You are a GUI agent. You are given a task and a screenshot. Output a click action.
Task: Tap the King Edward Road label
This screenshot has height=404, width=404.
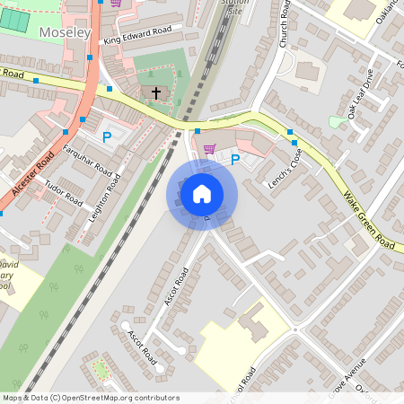pyautogui.click(x=136, y=34)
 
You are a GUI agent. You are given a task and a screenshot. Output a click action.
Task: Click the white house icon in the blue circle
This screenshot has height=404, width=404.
pyautogui.click(x=202, y=194)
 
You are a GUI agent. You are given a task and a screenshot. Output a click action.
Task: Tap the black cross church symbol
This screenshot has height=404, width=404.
pyautogui.click(x=155, y=92)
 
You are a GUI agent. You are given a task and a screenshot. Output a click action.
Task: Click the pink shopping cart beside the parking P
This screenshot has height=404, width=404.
pyautogui.click(x=210, y=149)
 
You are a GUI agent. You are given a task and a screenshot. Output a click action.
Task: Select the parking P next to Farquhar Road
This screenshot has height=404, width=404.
pyautogui.click(x=107, y=137)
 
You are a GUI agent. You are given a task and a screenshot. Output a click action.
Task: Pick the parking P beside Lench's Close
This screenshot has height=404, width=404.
pyautogui.click(x=235, y=160)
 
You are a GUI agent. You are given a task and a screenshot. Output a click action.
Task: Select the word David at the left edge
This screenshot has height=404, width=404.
pyautogui.click(x=9, y=267)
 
